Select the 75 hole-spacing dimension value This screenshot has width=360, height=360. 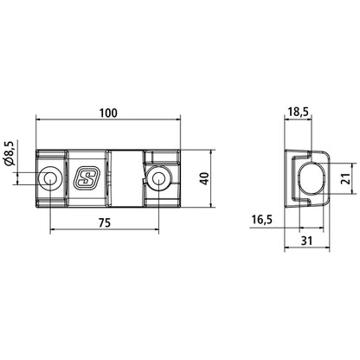pos(104,222)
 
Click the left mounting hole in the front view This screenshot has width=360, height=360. pos(51,178)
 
